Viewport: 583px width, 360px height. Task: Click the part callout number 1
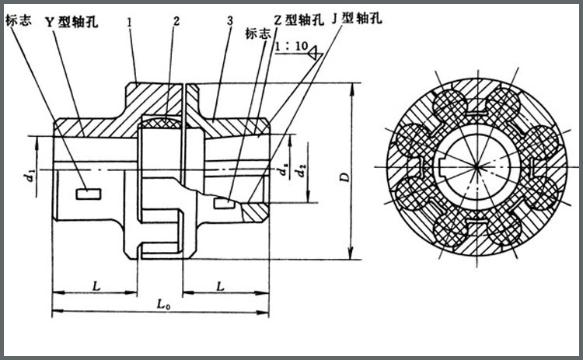coord(130,23)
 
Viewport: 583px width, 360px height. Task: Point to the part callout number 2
coord(177,23)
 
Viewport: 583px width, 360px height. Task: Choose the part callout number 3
coord(231,23)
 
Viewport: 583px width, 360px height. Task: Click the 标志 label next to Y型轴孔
coord(18,23)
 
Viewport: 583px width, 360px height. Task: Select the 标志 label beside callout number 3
coord(257,34)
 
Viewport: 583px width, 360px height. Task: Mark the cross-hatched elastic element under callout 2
coord(163,121)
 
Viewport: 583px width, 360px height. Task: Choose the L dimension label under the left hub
coord(95,286)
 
